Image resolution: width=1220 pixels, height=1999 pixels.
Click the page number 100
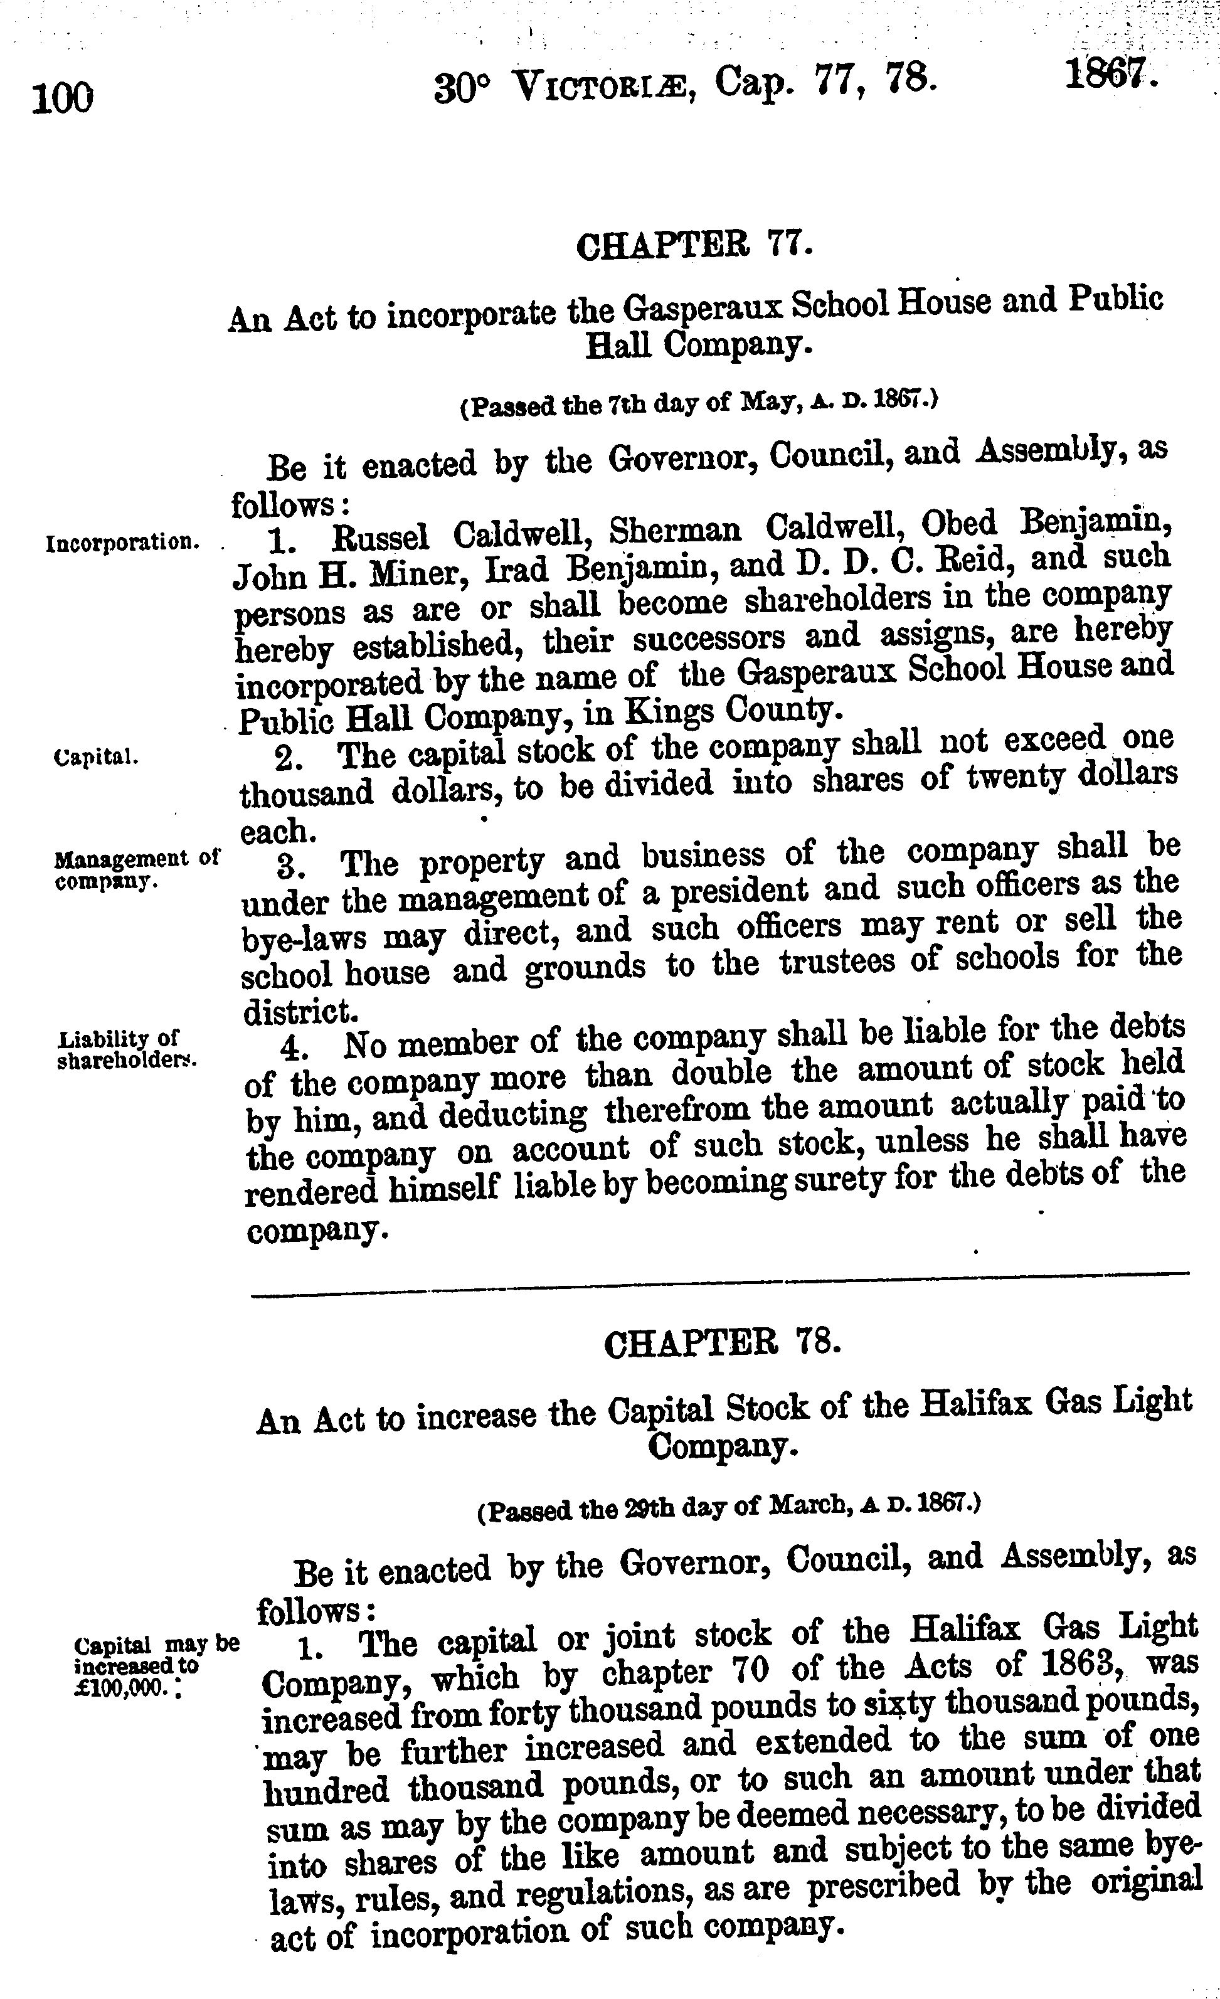click(x=63, y=99)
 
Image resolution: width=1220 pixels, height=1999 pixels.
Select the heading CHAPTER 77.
click(x=694, y=246)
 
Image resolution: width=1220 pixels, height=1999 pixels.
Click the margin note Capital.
click(x=96, y=758)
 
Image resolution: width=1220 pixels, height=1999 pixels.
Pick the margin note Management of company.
click(x=136, y=869)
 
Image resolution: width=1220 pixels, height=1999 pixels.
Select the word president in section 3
click(x=742, y=890)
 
